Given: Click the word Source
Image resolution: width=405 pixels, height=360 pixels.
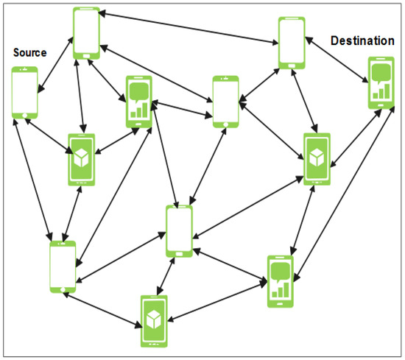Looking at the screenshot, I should coord(29,53).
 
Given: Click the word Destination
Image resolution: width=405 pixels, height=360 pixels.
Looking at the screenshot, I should coord(362,40).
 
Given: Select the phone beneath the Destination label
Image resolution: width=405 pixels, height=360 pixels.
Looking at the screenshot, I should coord(381,83).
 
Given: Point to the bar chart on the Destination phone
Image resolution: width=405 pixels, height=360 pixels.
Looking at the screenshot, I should coord(381,91).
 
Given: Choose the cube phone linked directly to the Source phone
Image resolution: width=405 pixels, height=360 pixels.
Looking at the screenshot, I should coord(81,157).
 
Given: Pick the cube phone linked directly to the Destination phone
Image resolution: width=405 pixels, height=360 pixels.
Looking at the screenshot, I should coord(317,158).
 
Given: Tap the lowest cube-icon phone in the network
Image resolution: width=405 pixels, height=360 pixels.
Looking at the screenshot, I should coord(154,320).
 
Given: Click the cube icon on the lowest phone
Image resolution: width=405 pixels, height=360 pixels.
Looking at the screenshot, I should coord(154,318).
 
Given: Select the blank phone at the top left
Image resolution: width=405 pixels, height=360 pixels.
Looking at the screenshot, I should coord(86,33).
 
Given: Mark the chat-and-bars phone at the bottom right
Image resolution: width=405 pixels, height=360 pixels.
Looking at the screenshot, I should coord(280,282).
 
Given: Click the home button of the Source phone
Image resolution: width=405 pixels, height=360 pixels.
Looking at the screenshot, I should coord(24,114).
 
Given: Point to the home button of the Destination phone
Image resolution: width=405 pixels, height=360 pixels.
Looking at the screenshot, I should coord(381,105).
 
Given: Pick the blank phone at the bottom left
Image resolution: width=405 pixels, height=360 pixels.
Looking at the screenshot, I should coord(63,265).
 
